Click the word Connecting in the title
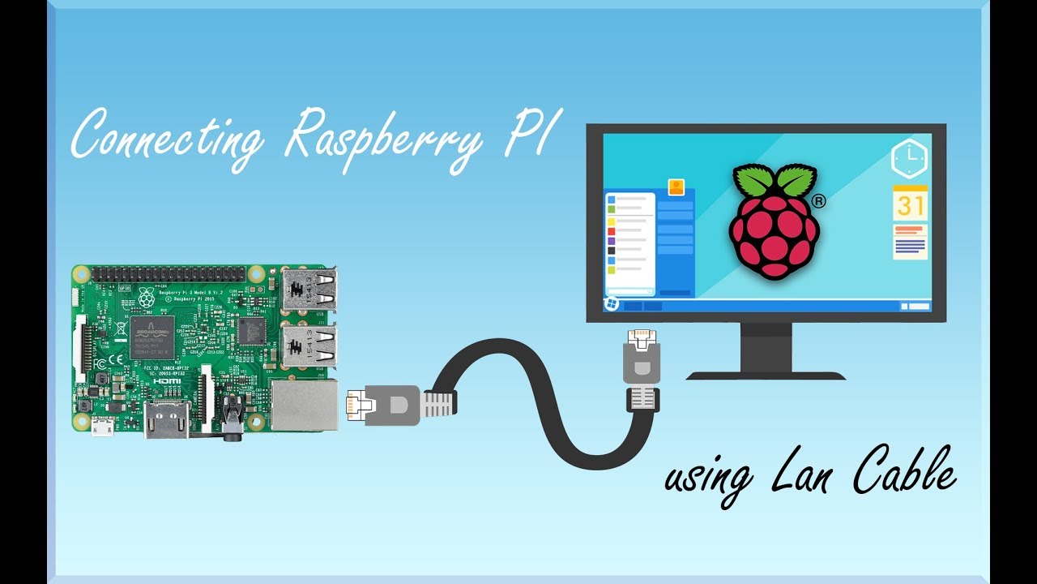[x=166, y=138]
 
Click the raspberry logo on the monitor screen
[x=774, y=224]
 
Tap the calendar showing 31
[x=910, y=203]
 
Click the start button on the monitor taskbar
[x=612, y=304]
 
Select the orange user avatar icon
[x=676, y=187]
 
